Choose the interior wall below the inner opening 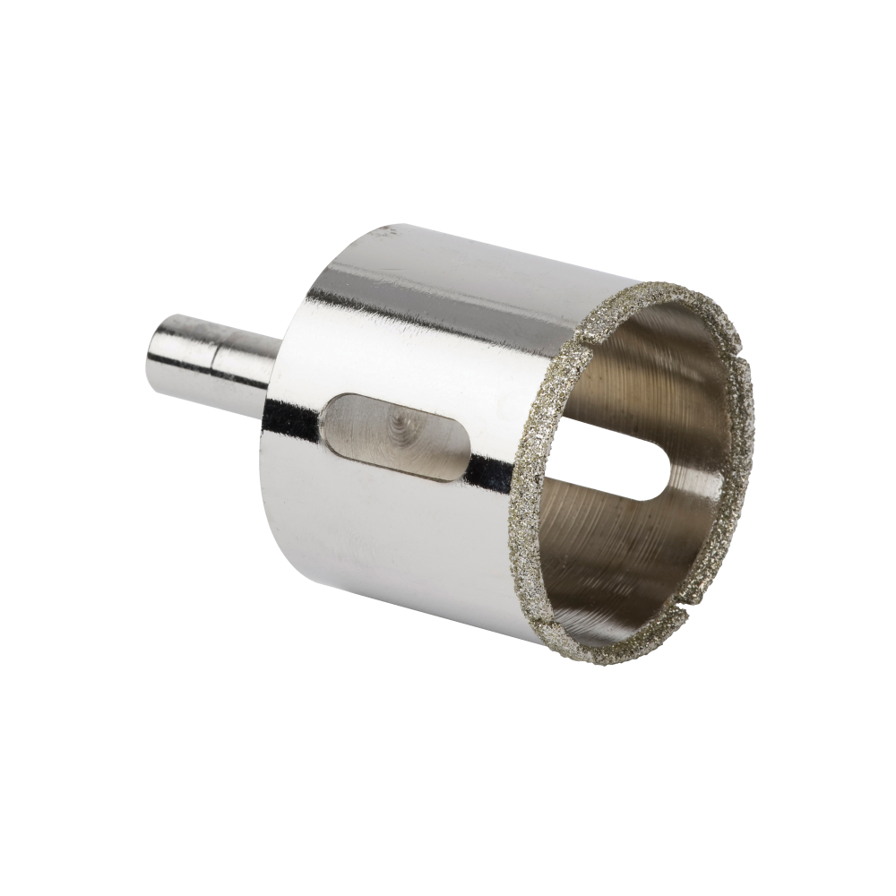627,556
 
